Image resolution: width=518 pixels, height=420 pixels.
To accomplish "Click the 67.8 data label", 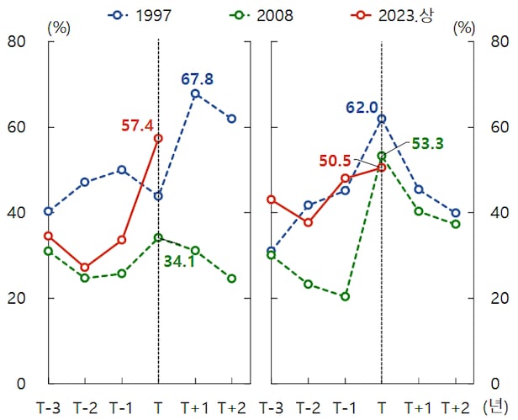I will click(197, 79).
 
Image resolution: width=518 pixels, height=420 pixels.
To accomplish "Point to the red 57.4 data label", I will click(137, 125).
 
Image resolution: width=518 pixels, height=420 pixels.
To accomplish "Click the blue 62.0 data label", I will click(362, 108).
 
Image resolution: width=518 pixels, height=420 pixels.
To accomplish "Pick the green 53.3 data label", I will click(427, 144).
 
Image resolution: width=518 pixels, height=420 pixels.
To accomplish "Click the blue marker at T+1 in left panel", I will click(195, 93).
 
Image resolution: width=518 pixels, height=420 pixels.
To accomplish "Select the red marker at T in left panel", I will click(158, 138).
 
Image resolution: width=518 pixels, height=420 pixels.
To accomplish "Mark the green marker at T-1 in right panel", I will click(345, 296).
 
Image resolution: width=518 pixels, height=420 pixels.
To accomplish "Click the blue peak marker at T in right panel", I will click(381, 119).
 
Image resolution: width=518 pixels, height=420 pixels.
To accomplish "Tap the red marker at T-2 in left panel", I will click(85, 267).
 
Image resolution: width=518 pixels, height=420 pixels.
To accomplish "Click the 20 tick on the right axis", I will click(497, 298).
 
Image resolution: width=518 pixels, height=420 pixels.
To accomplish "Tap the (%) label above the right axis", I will click(463, 25).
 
